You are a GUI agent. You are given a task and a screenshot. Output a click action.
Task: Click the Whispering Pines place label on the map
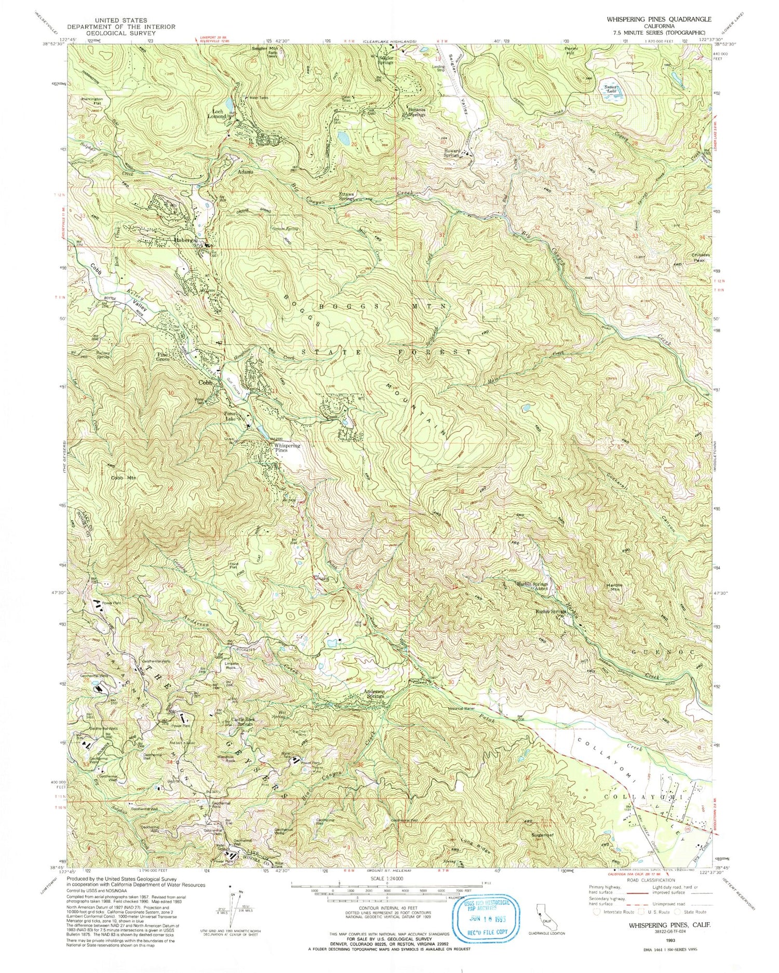[287, 448]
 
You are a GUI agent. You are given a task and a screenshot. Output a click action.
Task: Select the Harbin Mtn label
[614, 587]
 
